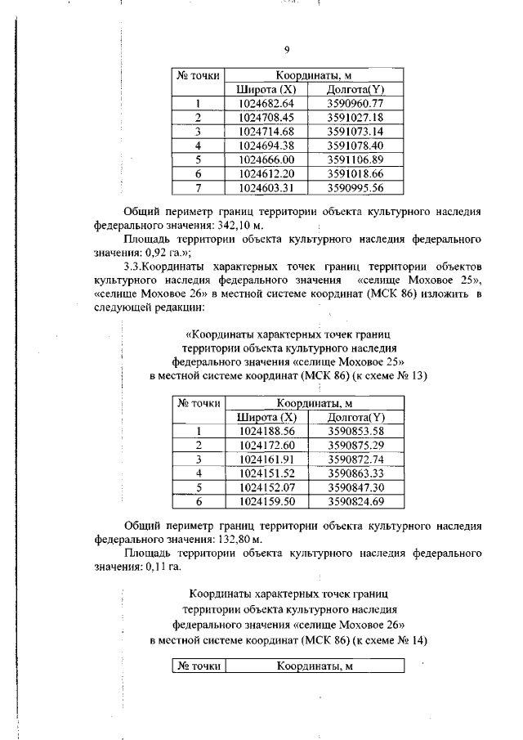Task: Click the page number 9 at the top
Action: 287,50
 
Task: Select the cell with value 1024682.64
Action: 266,103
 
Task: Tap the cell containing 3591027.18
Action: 355,117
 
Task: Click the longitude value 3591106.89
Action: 355,159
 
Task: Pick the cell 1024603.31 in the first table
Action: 266,187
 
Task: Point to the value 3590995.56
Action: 355,187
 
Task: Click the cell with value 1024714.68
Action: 266,132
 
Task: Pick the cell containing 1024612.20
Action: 266,173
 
